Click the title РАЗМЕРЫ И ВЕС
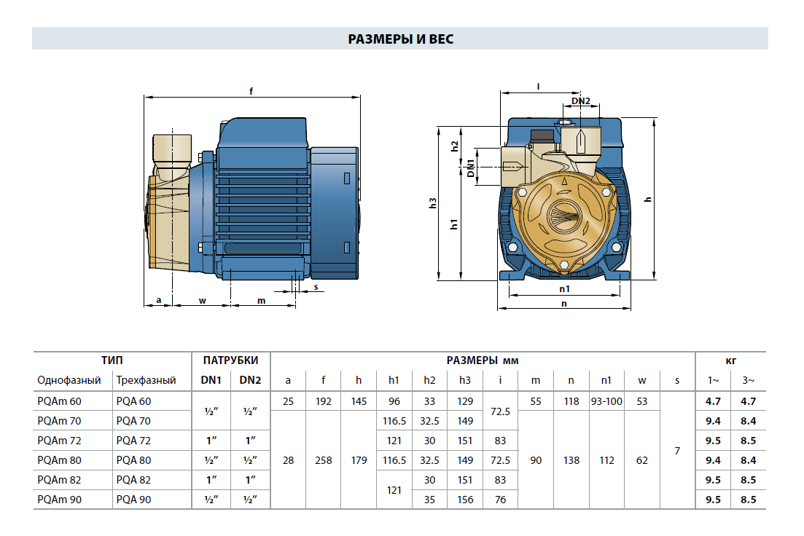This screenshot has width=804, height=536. pos(400,39)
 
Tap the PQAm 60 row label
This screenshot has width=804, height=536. pos(60,401)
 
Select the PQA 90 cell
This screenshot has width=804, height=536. pos(134,500)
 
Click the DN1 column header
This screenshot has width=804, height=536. pos(211,380)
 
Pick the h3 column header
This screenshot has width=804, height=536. pos(465,380)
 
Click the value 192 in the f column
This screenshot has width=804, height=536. pos(323,401)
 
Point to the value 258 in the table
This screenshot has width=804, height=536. pos(323,460)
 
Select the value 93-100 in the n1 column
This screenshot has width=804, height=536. pos(606,401)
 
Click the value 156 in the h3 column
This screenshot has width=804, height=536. pos(465,500)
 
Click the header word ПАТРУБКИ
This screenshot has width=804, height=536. pos(230,360)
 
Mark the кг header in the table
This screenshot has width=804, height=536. pos(730,360)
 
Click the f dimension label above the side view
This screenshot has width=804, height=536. pos(251,92)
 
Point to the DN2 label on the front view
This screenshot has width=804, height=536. pos(580,100)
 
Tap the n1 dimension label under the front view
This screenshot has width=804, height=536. pos(564,289)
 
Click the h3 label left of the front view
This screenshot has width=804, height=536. pos(432,205)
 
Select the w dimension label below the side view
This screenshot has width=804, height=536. pos(203,300)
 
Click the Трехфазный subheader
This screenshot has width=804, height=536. pos(146,380)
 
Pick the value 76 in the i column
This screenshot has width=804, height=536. pos(500,500)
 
